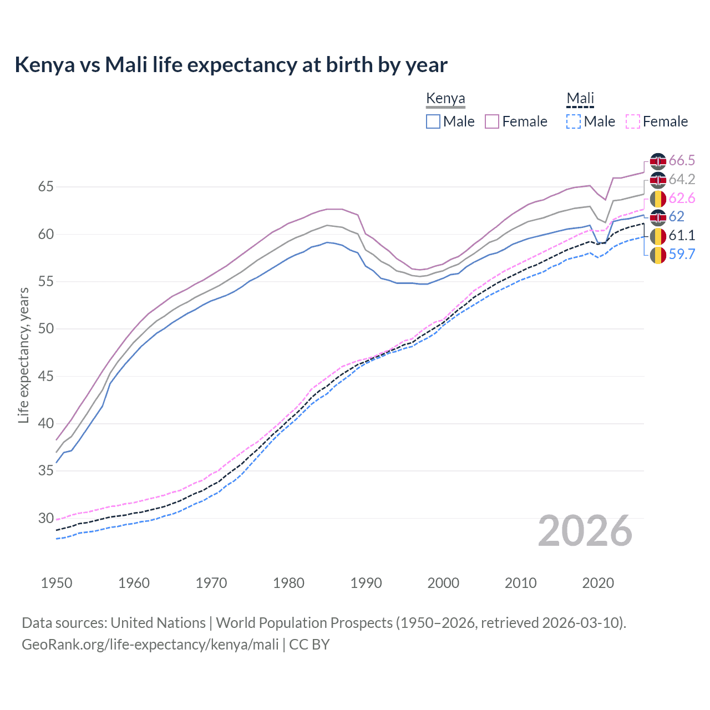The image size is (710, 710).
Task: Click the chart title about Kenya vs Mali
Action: pyautogui.click(x=231, y=65)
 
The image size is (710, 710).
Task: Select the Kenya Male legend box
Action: pyautogui.click(x=433, y=121)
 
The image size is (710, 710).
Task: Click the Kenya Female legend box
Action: pyautogui.click(x=492, y=121)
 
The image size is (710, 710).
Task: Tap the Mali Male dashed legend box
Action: pyautogui.click(x=574, y=121)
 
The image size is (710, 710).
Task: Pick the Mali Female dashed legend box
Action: pyautogui.click(x=633, y=121)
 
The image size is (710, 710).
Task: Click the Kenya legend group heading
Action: pyautogui.click(x=445, y=98)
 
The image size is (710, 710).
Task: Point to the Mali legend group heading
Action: pyautogui.click(x=580, y=98)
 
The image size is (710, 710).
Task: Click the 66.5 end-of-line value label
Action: pyautogui.click(x=682, y=161)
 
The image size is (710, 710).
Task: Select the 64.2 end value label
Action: pyautogui.click(x=682, y=180)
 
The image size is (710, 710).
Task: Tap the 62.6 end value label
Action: pyautogui.click(x=682, y=199)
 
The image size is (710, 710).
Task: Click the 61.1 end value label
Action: pyautogui.click(x=682, y=236)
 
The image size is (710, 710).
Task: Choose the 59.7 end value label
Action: pyautogui.click(x=682, y=255)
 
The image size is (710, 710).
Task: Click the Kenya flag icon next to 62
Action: pyautogui.click(x=658, y=217)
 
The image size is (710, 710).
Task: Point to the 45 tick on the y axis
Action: pyautogui.click(x=46, y=376)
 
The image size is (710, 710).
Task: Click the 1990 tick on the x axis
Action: pyautogui.click(x=366, y=583)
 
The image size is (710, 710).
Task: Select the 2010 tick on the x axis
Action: pyautogui.click(x=520, y=583)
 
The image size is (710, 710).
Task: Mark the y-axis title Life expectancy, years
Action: pyautogui.click(x=24, y=355)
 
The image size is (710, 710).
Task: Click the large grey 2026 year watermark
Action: pyautogui.click(x=585, y=531)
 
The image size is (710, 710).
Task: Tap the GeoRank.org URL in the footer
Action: pyautogui.click(x=150, y=645)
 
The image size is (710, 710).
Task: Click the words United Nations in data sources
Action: pyautogui.click(x=158, y=623)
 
